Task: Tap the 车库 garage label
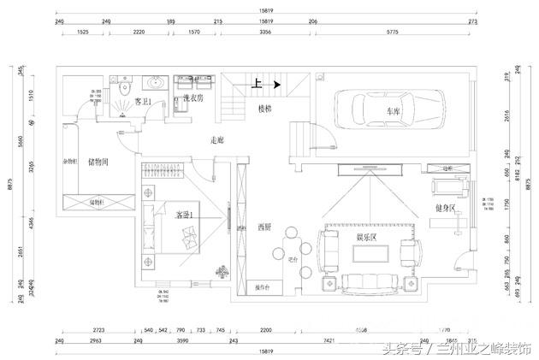click(393, 111)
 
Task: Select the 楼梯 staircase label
click(266, 109)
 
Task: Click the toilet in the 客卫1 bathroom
click(126, 87)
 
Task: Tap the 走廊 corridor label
click(217, 139)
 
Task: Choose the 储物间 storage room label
click(97, 162)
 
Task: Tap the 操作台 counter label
click(265, 287)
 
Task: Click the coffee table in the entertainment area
click(367, 252)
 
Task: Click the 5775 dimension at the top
click(392, 32)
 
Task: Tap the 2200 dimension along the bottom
click(266, 328)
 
